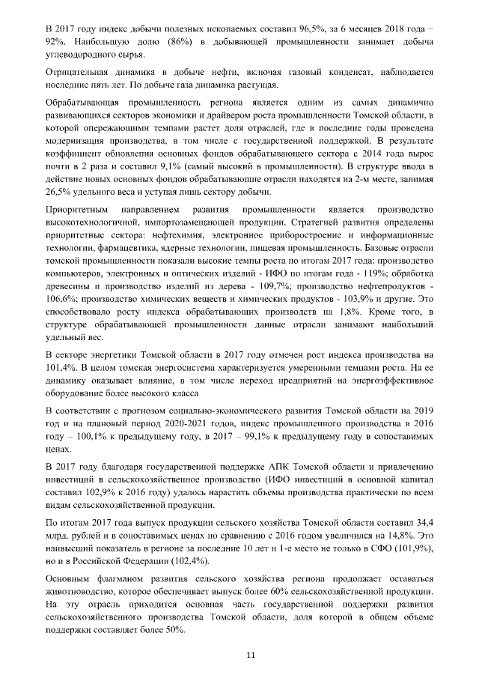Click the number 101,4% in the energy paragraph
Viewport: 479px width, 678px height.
tap(61, 367)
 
